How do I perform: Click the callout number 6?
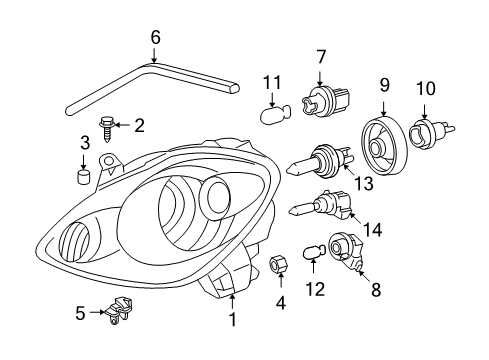point(155,37)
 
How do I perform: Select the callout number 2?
point(140,125)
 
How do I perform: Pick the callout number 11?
point(270,81)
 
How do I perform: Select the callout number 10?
point(426,89)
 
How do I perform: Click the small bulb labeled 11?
point(274,113)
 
